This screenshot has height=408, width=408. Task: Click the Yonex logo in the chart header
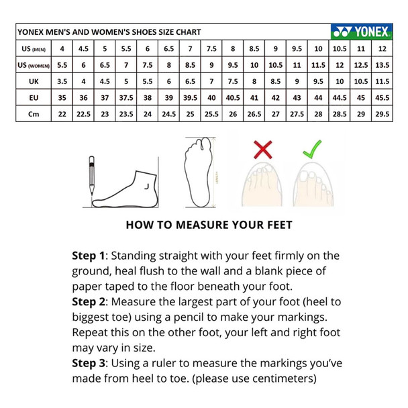362,32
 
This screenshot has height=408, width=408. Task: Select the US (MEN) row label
34,49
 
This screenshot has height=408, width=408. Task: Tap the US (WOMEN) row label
34,65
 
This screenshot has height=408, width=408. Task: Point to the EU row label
34,98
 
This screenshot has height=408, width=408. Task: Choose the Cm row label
34,114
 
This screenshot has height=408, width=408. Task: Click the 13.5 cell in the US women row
382,65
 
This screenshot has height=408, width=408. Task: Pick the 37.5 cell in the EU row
126,98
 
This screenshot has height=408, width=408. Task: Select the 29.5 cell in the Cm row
382,114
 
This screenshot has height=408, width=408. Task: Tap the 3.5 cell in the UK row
62,81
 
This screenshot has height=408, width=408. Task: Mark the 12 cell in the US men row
382,49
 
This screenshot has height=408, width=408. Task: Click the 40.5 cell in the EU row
233,98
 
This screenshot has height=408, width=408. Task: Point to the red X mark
263,150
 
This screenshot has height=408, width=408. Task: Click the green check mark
312,149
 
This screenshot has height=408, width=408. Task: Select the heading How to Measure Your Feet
209,225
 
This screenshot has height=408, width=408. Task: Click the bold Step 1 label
88,256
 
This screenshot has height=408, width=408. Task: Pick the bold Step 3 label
89,363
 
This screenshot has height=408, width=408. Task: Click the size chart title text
109,32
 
